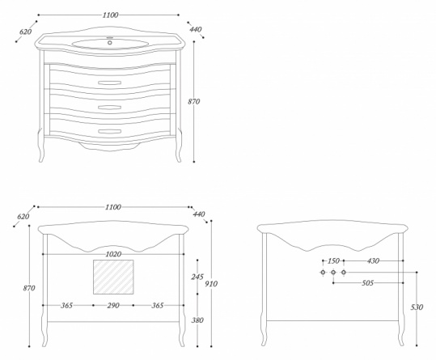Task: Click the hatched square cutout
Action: [x=113, y=277]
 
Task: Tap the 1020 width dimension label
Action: [x=113, y=254]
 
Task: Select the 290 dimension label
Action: [x=113, y=306]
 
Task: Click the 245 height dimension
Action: [x=197, y=277]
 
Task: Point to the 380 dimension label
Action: [x=197, y=320]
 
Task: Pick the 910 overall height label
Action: [x=211, y=284]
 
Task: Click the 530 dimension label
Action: [x=417, y=307]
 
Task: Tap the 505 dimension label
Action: [x=367, y=283]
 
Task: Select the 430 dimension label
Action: [x=373, y=260]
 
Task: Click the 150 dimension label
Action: [x=333, y=260]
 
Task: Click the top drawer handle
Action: [x=109, y=83]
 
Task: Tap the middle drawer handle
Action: [x=109, y=107]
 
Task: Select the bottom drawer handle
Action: [x=109, y=131]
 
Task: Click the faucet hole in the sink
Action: [x=109, y=43]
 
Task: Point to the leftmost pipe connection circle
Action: [x=323, y=272]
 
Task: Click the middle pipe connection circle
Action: [x=333, y=272]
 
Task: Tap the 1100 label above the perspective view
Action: [x=110, y=15]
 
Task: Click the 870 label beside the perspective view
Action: [x=194, y=101]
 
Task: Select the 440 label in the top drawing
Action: [x=196, y=29]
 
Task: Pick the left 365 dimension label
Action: [x=66, y=306]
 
